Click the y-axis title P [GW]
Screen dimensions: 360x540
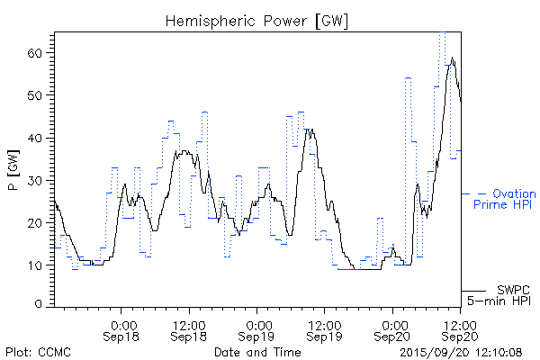point(13,168)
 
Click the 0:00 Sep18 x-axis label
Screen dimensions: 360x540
point(123,329)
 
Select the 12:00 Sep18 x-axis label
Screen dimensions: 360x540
point(190,329)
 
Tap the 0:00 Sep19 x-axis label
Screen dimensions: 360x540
point(258,329)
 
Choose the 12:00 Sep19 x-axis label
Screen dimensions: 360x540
point(325,329)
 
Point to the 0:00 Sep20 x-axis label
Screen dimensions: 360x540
point(393,329)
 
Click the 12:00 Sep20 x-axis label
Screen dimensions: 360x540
point(460,329)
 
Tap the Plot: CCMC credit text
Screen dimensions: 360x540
point(38,351)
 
